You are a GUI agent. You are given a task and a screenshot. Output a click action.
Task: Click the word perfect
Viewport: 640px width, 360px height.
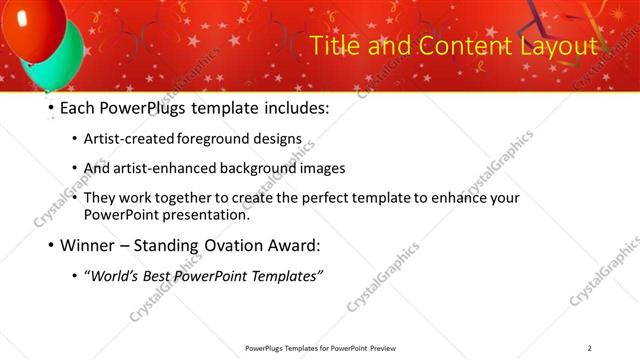click(x=337, y=197)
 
